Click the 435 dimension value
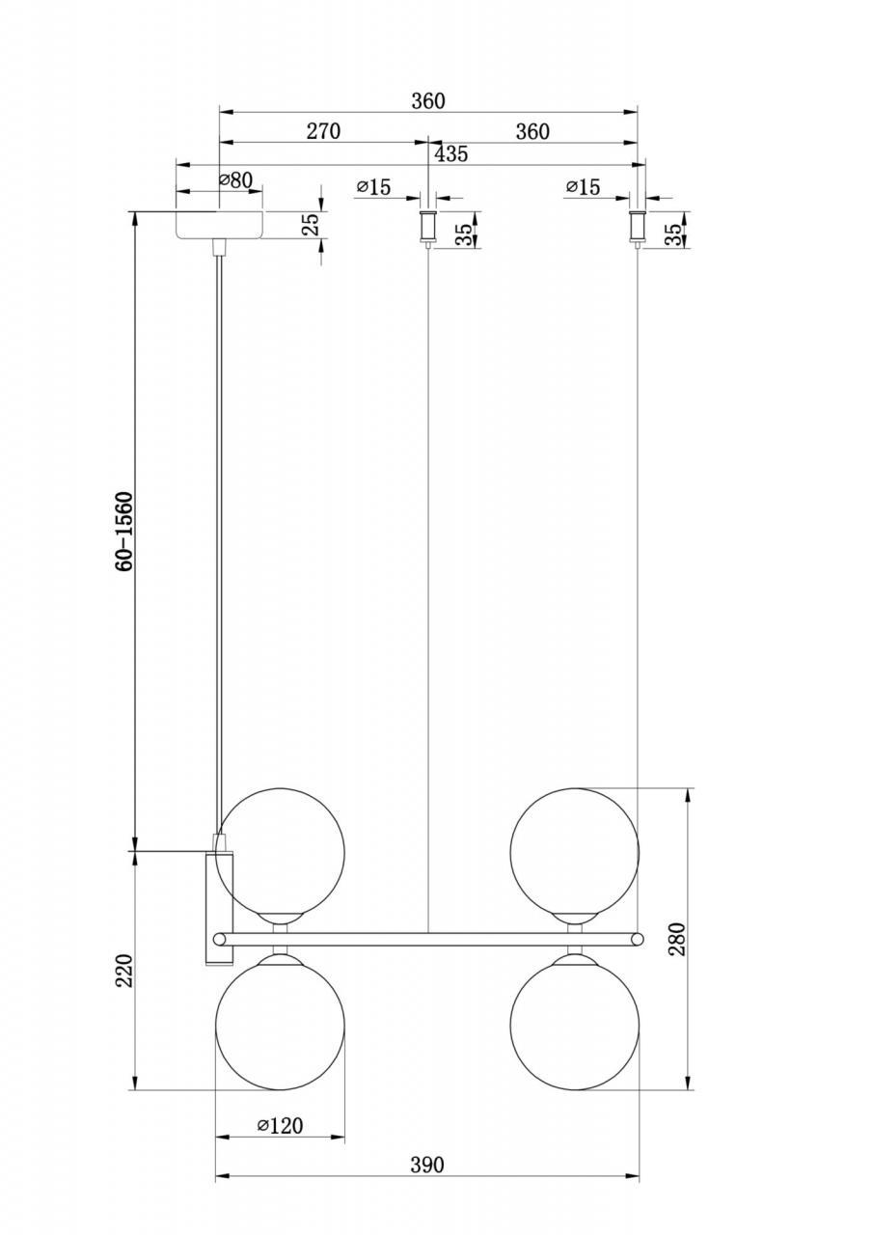pos(451,153)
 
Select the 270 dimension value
pos(323,131)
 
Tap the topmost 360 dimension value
pos(428,101)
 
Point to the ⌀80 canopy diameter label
pos(235,179)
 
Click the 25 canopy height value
pos(311,225)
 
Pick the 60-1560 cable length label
pos(124,531)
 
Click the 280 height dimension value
pos(677,939)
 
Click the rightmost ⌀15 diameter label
pos(583,187)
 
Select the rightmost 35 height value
pos(673,234)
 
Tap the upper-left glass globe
pos(280,852)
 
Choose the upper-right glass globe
pos(575,852)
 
